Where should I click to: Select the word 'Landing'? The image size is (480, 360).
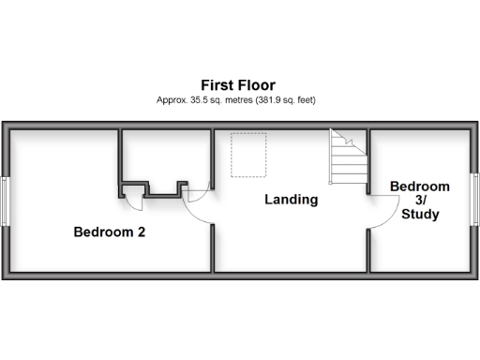click(291, 200)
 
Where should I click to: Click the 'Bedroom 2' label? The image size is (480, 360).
click(109, 231)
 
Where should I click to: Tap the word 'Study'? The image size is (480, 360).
click(419, 215)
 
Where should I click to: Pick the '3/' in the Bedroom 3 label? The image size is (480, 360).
click(419, 201)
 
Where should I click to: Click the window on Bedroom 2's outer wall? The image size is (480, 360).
click(7, 200)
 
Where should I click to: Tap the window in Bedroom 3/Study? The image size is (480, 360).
click(474, 200)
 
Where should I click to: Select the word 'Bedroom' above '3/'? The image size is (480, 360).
click(419, 187)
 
